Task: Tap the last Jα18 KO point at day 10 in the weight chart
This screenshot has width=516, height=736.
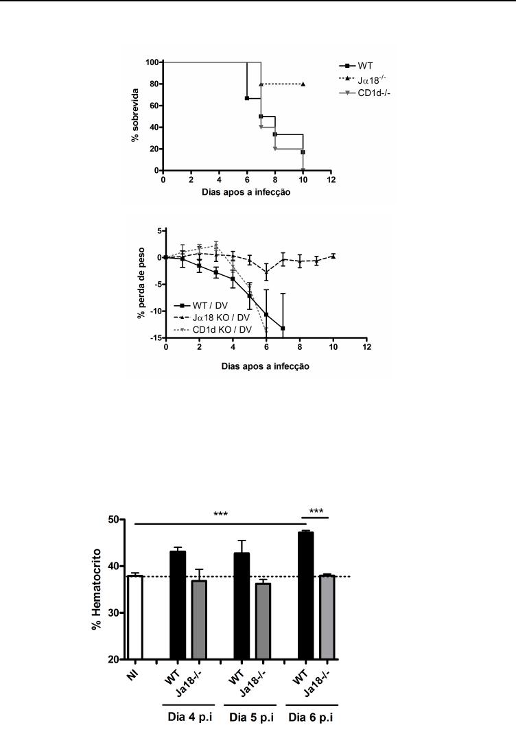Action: tap(333, 256)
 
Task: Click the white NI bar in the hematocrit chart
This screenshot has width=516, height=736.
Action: tap(135, 617)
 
